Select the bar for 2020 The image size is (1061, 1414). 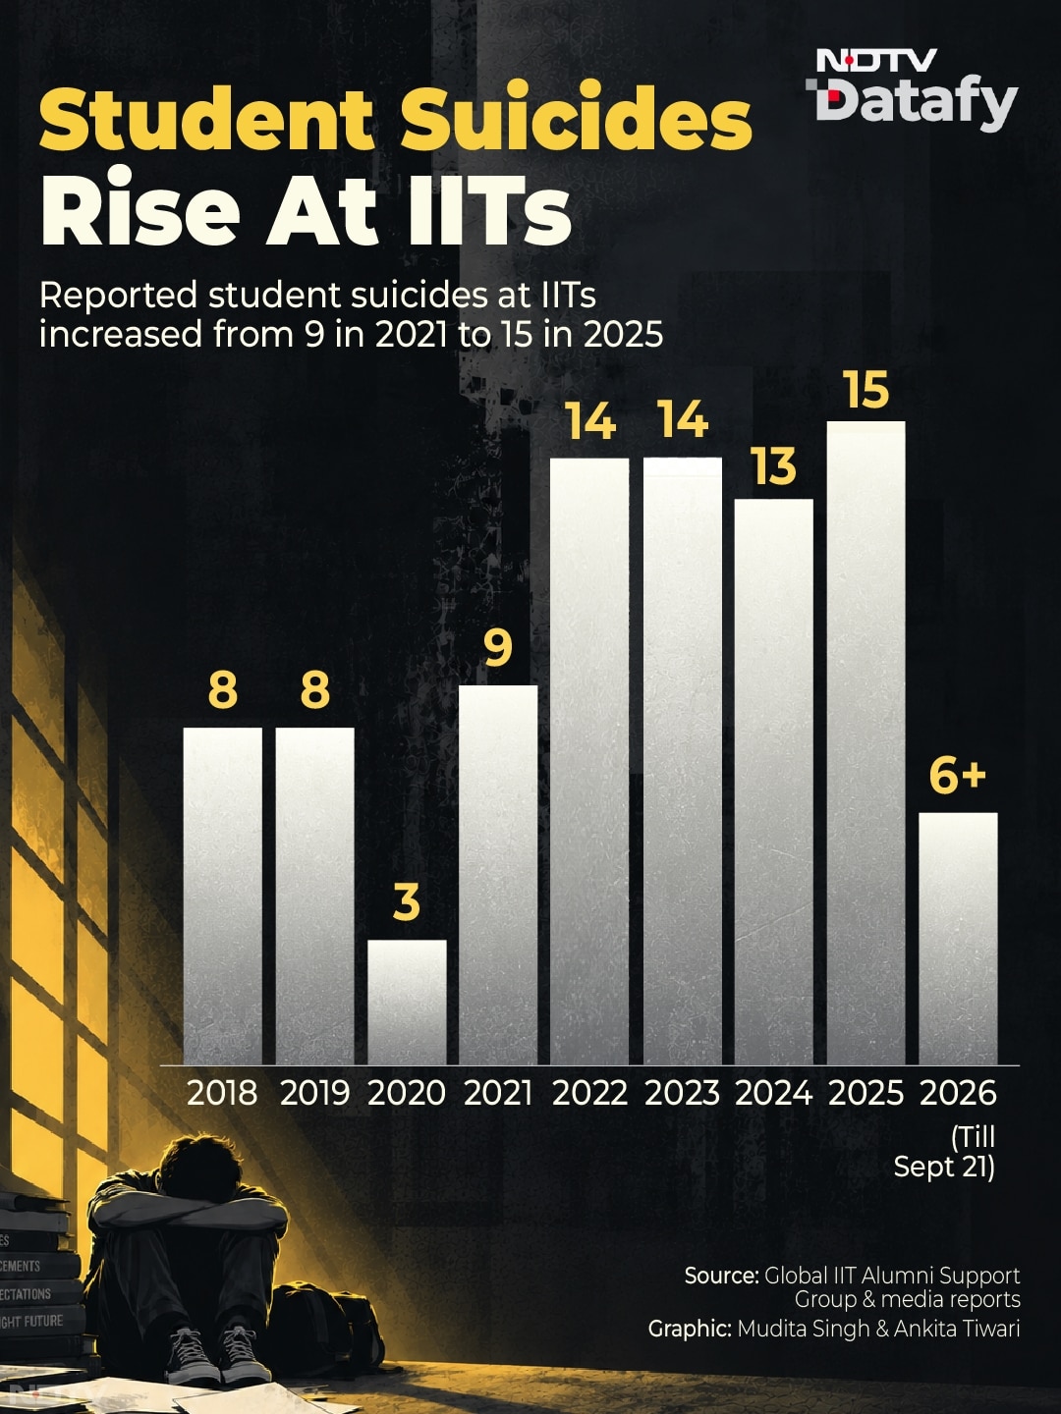(x=407, y=1002)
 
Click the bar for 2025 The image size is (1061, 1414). (x=866, y=742)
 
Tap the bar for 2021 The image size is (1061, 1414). (x=499, y=875)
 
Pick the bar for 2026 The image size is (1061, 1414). (x=958, y=939)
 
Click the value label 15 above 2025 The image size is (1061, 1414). (x=867, y=390)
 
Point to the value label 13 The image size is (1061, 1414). (x=774, y=467)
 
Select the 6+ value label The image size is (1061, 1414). (x=958, y=777)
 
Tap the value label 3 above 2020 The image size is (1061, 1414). (x=407, y=902)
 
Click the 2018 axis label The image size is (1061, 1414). (x=222, y=1093)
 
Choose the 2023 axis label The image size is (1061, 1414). (x=682, y=1093)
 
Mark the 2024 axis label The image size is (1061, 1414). (x=774, y=1093)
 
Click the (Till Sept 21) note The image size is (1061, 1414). (x=945, y=1153)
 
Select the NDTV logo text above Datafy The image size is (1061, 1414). (x=877, y=61)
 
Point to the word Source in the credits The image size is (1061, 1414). (x=721, y=1276)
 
